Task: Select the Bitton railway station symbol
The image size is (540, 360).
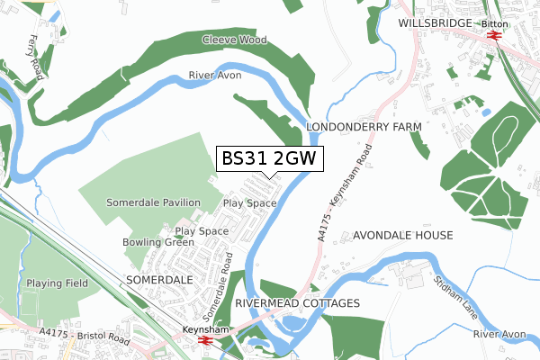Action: pos(492,36)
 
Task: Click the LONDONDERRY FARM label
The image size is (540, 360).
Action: pos(364,128)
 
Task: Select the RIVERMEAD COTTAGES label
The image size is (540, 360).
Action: pos(297,303)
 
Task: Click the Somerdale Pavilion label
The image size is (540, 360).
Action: pos(153,203)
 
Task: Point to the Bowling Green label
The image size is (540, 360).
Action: pos(158,243)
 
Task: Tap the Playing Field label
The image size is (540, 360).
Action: pos(56,283)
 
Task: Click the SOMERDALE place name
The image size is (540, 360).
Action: pos(159,280)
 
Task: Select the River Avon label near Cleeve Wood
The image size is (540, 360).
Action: pos(215,76)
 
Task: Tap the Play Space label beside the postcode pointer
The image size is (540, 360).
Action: pos(249,203)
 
